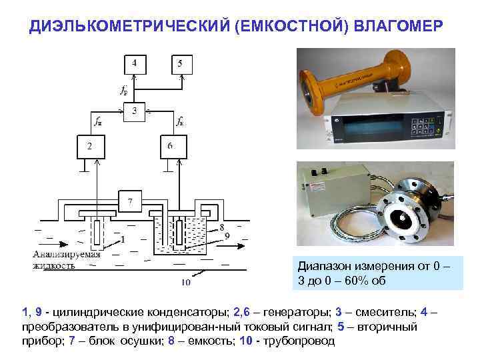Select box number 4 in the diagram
(x=135, y=64)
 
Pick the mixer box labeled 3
(x=135, y=111)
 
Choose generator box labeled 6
(x=171, y=146)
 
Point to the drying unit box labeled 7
(x=131, y=200)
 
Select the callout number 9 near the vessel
(x=227, y=235)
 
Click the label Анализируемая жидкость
(x=65, y=260)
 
